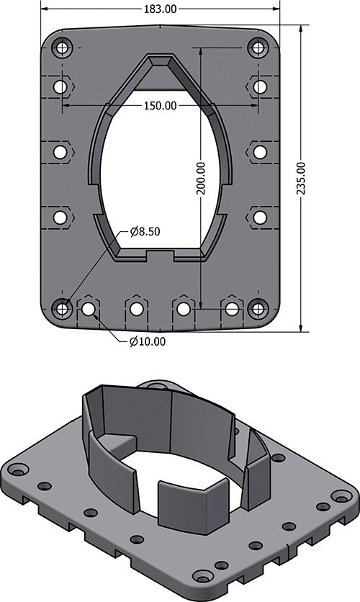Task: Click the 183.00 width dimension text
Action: point(161,9)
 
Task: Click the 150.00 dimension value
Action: point(161,105)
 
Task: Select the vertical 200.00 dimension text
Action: point(201,178)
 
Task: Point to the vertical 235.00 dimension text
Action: point(301,178)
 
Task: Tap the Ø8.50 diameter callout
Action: point(145,231)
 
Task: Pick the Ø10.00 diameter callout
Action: point(148,341)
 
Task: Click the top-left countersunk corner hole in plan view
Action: point(62,48)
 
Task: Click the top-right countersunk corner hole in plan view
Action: point(258,48)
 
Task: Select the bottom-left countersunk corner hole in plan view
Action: point(62,308)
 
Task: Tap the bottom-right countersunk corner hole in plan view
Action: point(258,308)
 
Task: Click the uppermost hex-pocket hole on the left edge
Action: point(60,87)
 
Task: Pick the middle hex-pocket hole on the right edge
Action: point(260,152)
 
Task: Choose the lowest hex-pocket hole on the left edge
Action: point(60,217)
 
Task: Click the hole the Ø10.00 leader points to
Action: point(89,309)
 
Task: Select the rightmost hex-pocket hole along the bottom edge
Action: point(231,309)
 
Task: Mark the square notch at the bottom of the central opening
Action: point(161,255)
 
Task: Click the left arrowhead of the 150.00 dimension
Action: point(66,105)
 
